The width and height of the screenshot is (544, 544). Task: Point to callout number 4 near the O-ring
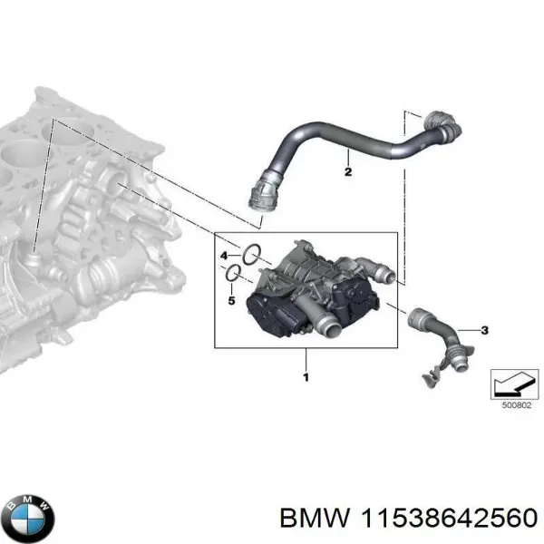pos(224,257)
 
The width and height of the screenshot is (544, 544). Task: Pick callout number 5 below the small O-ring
pos(230,300)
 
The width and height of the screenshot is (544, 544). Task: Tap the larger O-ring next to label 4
pos(252,254)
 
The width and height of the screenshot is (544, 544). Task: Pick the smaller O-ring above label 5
pos(234,272)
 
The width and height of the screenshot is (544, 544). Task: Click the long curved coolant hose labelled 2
pos(345,145)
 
